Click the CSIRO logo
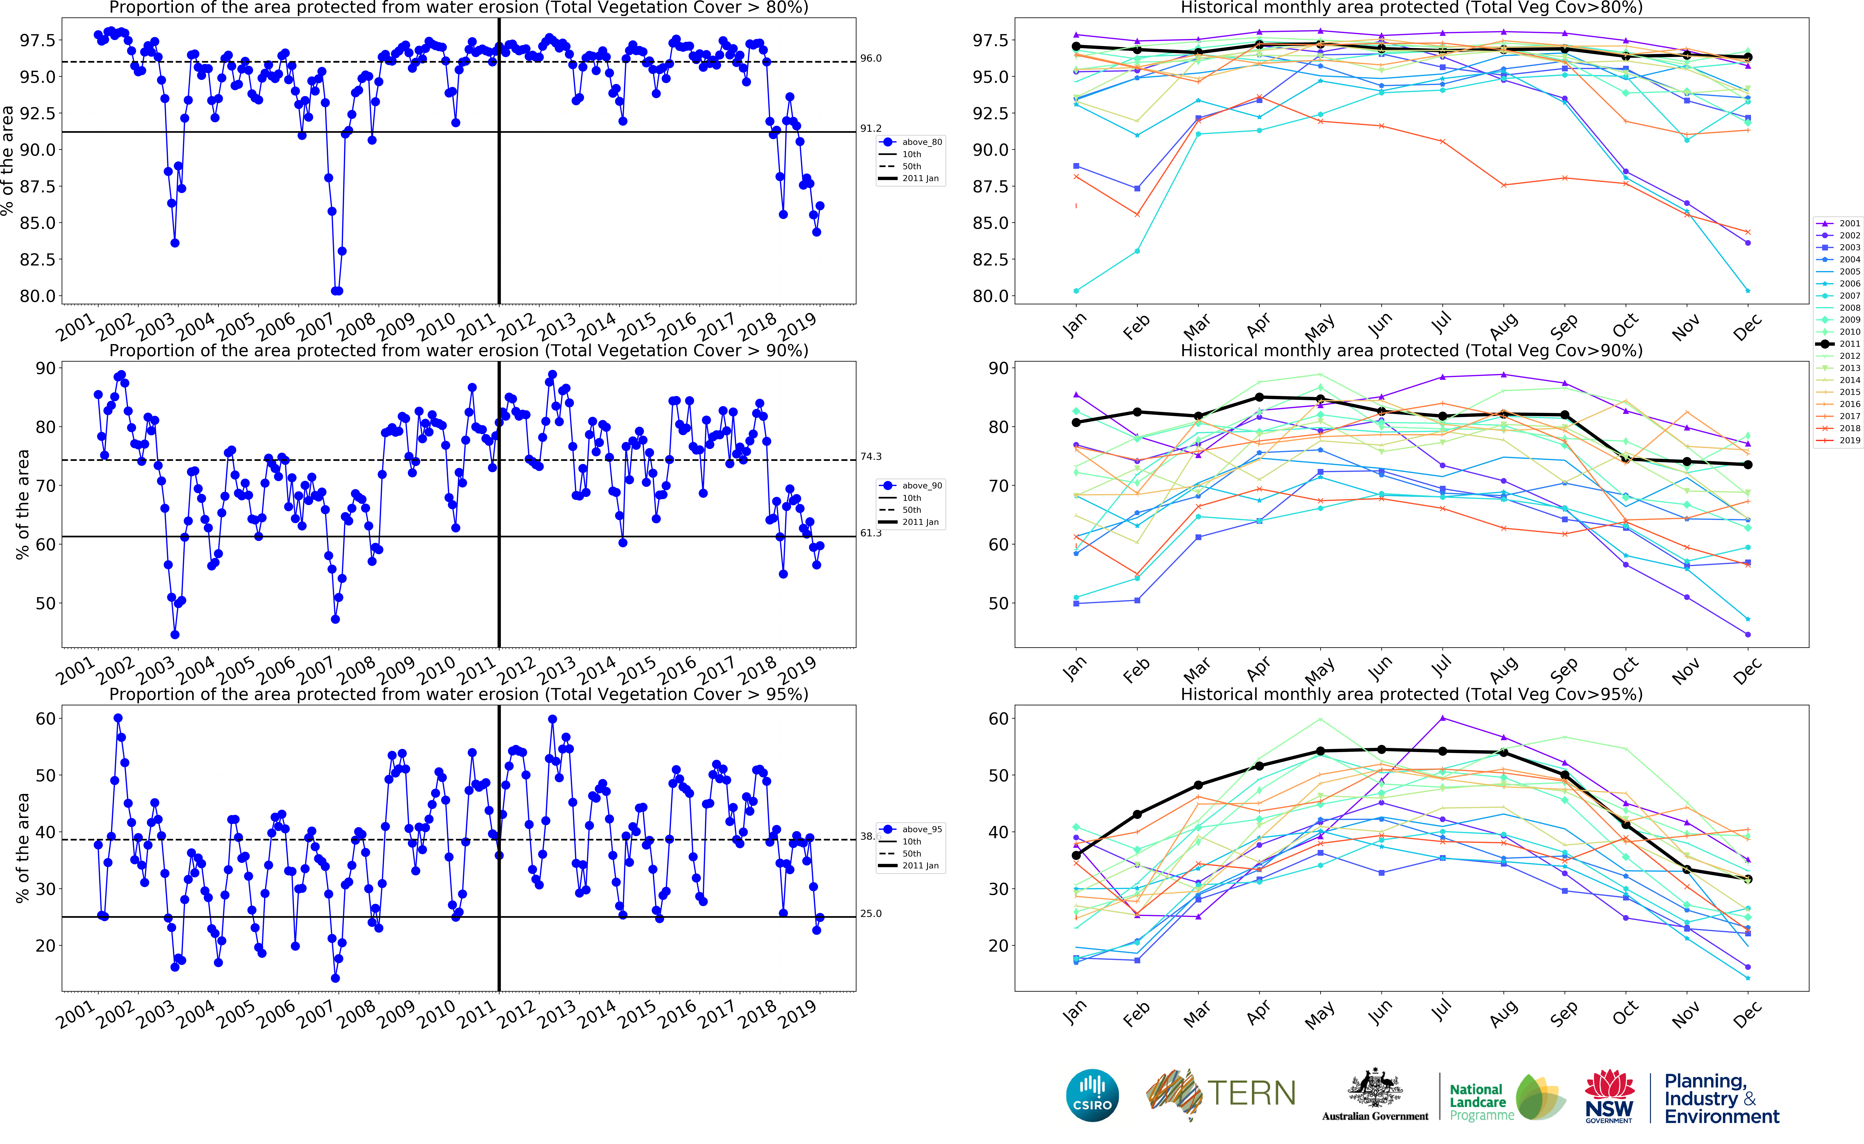point(1092,1095)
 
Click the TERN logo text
point(1251,1093)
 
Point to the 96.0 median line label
point(871,58)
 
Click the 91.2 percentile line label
point(871,129)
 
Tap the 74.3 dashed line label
point(871,456)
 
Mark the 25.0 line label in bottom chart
point(871,913)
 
